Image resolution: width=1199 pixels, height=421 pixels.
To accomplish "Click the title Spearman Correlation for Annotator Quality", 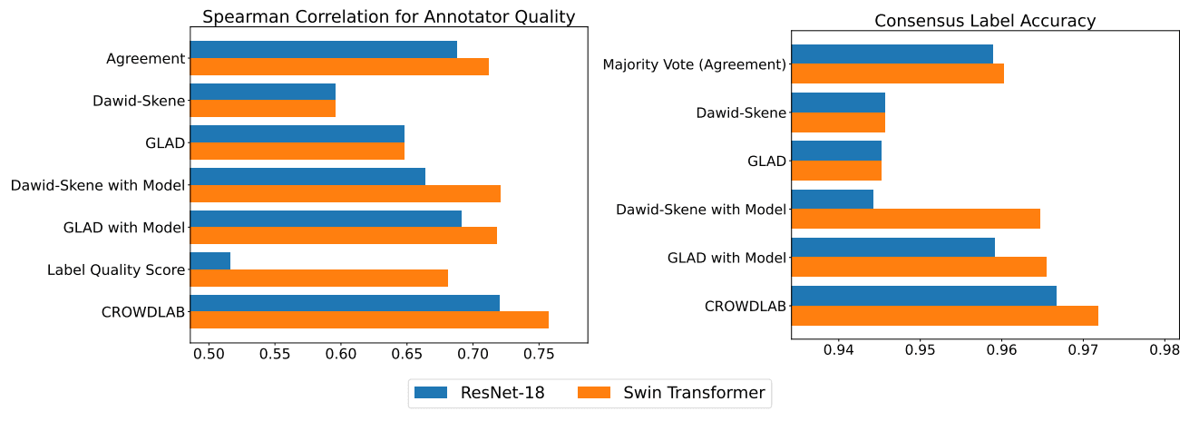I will point(388,17).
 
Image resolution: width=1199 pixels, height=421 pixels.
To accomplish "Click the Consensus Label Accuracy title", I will point(985,21).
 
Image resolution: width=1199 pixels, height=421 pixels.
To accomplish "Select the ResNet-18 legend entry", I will point(480,393).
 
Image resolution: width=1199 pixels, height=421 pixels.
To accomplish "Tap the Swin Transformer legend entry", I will point(671,393).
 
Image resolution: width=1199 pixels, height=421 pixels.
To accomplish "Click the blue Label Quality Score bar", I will point(210,261).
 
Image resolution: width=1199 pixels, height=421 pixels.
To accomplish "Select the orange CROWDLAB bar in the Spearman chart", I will point(369,320).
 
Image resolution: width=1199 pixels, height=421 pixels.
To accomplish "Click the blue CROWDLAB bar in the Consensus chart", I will point(923,296).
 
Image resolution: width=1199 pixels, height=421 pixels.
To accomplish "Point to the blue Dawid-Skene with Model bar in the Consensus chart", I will point(833,199).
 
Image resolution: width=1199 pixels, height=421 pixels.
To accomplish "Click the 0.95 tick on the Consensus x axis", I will point(920,349).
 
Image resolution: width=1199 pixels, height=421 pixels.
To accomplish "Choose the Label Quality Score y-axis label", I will point(116,269).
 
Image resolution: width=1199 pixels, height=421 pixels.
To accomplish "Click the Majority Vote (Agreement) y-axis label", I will point(694,64).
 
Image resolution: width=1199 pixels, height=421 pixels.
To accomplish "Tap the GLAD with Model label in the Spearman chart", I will point(124,227).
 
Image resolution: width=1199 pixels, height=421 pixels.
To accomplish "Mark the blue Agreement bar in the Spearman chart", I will point(324,49).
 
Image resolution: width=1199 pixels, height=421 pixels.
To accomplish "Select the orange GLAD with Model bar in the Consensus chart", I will point(919,267).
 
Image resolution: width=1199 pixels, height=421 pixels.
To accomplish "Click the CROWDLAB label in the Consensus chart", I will point(745,306).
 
